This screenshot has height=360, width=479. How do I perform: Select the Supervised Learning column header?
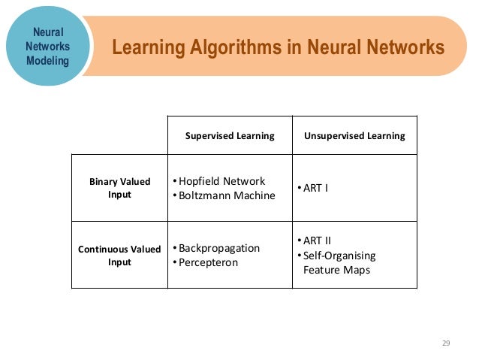click(230, 136)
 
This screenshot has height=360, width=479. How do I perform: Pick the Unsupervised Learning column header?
click(354, 136)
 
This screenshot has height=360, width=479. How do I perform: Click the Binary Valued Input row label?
click(119, 188)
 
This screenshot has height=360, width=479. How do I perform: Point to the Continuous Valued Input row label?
click(119, 256)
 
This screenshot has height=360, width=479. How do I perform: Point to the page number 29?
click(445, 343)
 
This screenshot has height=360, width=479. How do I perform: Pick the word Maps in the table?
click(356, 270)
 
